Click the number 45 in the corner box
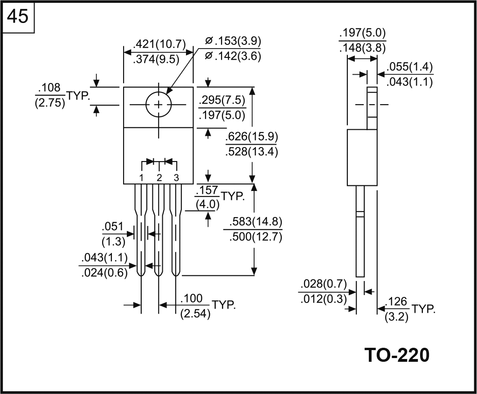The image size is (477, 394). point(18,17)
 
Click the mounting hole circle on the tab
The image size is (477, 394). point(159,105)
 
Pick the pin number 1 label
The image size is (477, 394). point(141,177)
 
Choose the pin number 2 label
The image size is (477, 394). point(159,177)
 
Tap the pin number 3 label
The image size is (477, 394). point(176,177)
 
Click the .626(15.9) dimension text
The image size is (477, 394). point(251,137)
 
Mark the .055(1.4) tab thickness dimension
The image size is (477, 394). point(410,67)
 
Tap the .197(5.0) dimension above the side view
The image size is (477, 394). point(362,33)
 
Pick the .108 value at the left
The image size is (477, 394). point(50,87)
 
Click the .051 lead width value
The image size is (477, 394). point(113,227)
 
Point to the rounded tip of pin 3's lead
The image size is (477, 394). point(176,273)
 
